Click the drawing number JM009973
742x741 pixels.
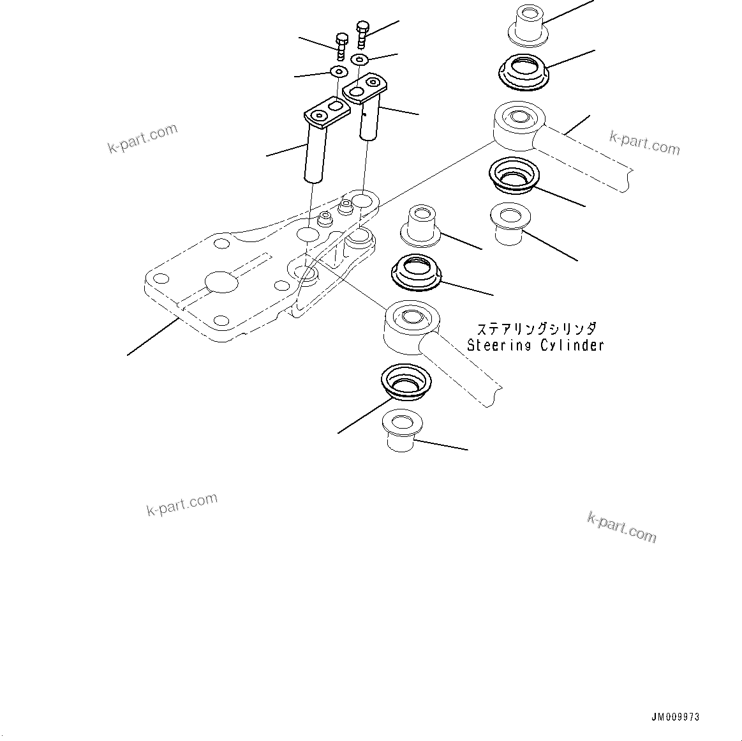pos(675,717)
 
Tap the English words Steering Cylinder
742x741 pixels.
pos(535,346)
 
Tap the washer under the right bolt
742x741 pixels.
pos(360,59)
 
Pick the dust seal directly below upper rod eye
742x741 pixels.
pos(514,174)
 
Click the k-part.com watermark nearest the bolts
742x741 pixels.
pos(142,139)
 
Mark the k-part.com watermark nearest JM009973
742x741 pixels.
pos(621,527)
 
